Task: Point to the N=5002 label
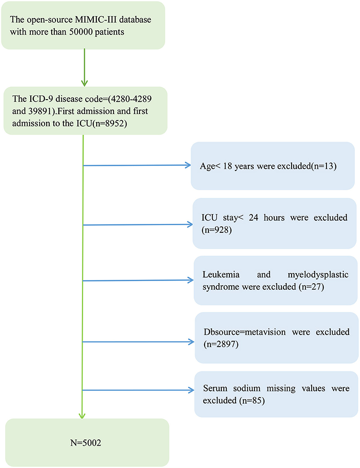point(86,443)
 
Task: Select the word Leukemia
point(221,274)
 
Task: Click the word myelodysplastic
point(318,275)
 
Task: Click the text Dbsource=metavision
point(245,332)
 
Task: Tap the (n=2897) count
point(221,344)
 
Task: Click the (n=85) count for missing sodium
point(252,400)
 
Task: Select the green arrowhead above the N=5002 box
point(82,415)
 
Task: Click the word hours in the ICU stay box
point(274,218)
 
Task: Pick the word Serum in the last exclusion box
point(215,388)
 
